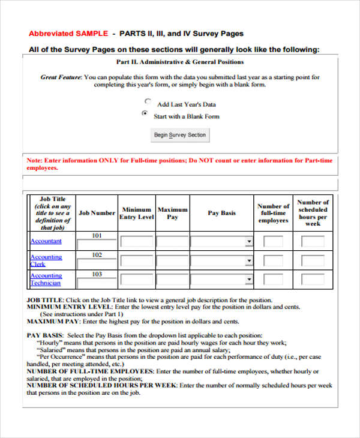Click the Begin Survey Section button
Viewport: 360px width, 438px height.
(x=179, y=135)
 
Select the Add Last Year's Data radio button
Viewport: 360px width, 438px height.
(x=148, y=102)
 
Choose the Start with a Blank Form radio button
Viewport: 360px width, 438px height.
(x=144, y=113)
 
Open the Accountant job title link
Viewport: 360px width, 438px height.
(x=46, y=241)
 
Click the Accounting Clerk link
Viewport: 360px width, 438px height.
(x=46, y=260)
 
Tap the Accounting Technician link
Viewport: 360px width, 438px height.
(x=46, y=279)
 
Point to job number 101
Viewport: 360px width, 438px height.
(x=97, y=236)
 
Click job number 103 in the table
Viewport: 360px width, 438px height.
(x=97, y=274)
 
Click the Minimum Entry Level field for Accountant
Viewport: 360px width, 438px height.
(x=137, y=242)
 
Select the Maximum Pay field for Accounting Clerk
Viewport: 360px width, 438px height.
(x=172, y=261)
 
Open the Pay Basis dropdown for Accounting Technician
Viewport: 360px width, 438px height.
(x=221, y=280)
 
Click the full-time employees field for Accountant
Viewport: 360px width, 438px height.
(x=273, y=242)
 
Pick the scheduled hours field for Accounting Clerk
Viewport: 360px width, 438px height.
(x=313, y=261)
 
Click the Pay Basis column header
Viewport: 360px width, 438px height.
(x=221, y=213)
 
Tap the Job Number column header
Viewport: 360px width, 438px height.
(x=97, y=213)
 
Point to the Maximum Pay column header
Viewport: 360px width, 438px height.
(x=172, y=213)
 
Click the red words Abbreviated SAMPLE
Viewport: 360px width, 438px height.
(x=68, y=34)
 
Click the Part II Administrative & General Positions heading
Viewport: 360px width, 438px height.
(x=179, y=62)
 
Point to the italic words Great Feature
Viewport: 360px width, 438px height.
(x=61, y=77)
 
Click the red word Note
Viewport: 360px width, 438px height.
(x=34, y=161)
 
